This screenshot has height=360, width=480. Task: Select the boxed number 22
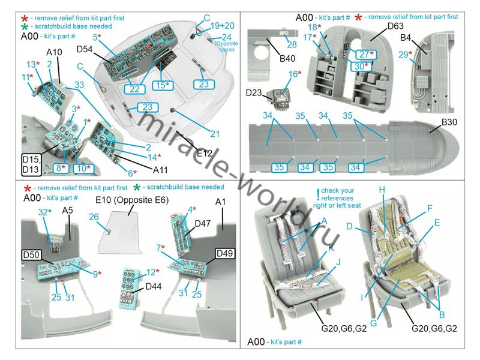136,88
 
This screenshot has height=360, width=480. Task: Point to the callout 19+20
223,26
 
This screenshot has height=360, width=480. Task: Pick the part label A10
54,52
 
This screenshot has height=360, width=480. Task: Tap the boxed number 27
364,55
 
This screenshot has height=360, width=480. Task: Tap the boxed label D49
216,253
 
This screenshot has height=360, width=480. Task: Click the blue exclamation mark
318,193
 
